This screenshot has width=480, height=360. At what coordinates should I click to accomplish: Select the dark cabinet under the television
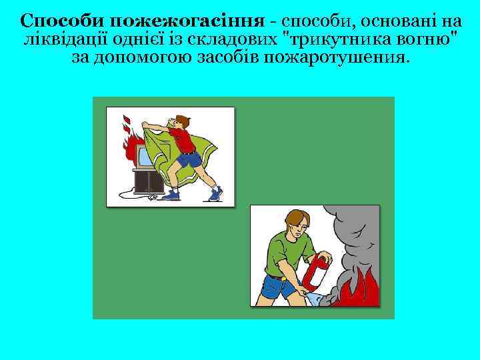[147, 181]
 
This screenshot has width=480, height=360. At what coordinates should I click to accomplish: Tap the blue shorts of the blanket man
[189, 161]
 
